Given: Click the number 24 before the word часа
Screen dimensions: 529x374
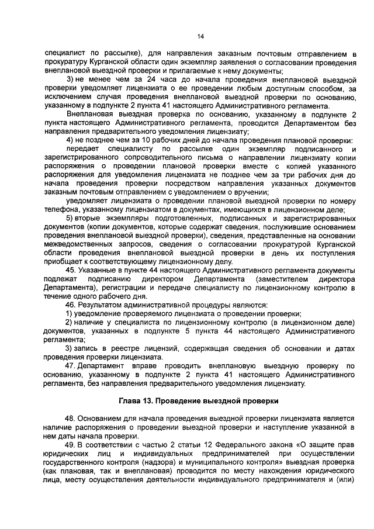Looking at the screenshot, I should point(133,79).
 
